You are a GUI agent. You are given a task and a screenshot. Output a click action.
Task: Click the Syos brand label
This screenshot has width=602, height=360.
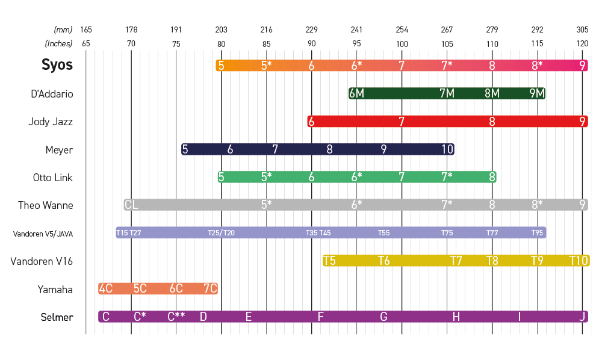point(57,65)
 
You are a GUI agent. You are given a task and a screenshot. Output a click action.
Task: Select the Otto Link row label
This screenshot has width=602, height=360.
point(53,178)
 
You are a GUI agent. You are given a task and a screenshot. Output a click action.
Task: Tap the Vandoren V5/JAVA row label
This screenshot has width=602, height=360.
point(43,234)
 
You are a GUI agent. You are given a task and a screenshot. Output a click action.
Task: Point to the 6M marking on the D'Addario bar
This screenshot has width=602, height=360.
point(356,93)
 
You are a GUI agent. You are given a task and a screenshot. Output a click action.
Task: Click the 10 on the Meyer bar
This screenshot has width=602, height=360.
point(447,149)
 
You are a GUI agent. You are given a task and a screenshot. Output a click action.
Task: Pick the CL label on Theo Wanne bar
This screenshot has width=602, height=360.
point(131,205)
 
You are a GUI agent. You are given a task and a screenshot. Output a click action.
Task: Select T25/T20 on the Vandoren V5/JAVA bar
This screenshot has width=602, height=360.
point(221,233)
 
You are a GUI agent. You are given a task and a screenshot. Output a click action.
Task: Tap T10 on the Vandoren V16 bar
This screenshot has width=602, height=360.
point(579,261)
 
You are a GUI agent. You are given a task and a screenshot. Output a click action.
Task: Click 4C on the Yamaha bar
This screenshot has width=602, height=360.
point(105,289)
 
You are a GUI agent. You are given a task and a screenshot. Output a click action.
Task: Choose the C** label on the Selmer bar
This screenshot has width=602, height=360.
point(176,317)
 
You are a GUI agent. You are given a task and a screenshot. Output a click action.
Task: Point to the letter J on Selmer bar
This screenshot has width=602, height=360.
point(582,317)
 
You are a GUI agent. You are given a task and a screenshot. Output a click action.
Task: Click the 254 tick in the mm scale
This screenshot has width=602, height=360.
point(402,29)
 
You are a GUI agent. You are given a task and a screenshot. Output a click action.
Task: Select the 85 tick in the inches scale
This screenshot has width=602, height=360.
point(266,43)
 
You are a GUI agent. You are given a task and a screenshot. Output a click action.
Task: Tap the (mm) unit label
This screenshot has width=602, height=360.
point(63,29)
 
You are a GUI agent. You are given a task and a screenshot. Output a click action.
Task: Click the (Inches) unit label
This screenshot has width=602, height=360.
point(58,43)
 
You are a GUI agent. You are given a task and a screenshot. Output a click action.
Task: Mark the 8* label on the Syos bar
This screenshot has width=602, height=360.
point(537,66)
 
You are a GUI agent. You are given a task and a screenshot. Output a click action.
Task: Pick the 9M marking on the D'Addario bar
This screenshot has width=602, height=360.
point(537,93)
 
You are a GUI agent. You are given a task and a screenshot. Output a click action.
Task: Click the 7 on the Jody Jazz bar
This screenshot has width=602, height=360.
point(402,122)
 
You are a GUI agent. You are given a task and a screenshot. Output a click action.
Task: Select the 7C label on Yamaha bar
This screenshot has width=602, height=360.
point(210,289)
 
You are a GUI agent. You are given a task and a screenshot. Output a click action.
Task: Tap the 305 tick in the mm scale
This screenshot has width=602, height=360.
point(582,29)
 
